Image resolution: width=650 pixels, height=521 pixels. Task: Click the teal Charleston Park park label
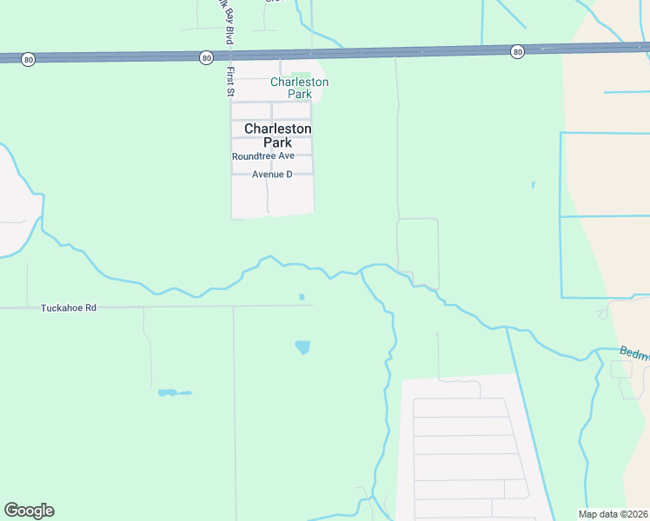point(299,88)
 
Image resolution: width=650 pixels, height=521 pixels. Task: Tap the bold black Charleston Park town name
point(277,135)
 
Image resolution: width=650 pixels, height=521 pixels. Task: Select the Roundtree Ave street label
point(262,156)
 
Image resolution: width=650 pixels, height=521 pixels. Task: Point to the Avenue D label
point(272,175)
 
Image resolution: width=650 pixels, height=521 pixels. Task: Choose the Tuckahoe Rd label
point(68,308)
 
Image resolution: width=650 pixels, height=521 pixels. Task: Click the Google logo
point(29,511)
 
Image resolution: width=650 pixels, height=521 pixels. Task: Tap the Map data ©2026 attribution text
point(612,514)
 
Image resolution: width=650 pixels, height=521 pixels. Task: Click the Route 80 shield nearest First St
point(205,57)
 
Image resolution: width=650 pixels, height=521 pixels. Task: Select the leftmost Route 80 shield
point(29,59)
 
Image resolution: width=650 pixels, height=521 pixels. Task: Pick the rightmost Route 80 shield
point(517,51)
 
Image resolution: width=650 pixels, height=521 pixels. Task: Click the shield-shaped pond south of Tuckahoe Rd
point(302,347)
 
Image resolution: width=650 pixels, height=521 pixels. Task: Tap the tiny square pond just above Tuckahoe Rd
point(302,297)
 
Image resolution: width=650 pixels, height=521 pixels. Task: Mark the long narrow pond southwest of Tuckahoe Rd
point(174,393)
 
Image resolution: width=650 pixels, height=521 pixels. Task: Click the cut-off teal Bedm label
point(633,353)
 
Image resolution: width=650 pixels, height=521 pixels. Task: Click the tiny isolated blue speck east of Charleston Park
point(533,184)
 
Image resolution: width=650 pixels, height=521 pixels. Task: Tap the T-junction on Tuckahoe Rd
point(234,307)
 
